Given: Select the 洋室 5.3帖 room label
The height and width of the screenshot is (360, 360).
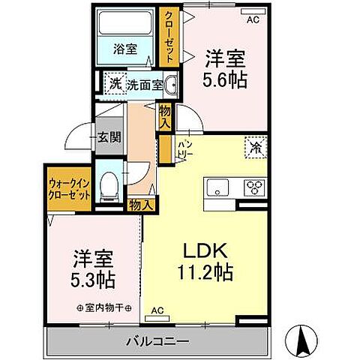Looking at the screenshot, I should pyautogui.click(x=93, y=269).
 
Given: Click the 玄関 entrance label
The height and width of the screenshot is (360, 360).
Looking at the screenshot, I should pyautogui.click(x=103, y=138).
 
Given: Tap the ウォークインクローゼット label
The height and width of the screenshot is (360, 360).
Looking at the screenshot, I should pyautogui.click(x=69, y=187).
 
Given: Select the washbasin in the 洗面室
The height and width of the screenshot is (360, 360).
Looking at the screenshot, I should pyautogui.click(x=171, y=85).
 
